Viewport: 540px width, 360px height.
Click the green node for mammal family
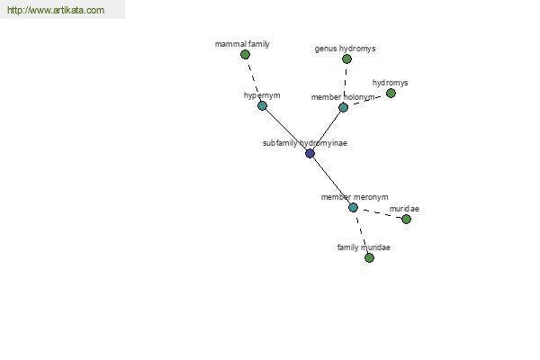click(x=245, y=54)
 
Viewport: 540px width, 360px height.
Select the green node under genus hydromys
click(x=346, y=58)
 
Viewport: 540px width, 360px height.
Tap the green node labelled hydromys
click(x=391, y=93)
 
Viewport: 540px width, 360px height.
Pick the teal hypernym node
click(x=262, y=106)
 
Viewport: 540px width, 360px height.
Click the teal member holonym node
click(x=343, y=107)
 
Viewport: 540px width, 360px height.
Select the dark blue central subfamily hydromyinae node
click(x=310, y=153)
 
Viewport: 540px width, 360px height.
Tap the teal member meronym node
click(x=353, y=207)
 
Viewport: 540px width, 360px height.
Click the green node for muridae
click(x=406, y=219)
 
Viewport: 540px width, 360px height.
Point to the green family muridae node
click(x=369, y=257)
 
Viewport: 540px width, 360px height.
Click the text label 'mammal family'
click(x=242, y=44)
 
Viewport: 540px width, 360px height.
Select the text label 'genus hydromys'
click(x=345, y=49)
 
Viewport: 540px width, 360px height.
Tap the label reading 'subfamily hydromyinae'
click(x=305, y=143)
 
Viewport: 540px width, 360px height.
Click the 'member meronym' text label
click(x=355, y=197)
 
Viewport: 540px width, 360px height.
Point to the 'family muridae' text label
click(x=364, y=247)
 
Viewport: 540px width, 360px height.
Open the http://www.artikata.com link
click(x=56, y=10)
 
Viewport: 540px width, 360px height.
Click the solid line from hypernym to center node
click(x=286, y=130)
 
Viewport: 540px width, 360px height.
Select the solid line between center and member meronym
click(x=331, y=181)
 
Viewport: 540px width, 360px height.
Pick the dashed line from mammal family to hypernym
click(x=254, y=80)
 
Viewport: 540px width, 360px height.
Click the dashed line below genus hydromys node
click(x=345, y=83)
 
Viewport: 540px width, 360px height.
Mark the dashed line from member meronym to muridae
click(x=381, y=213)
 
